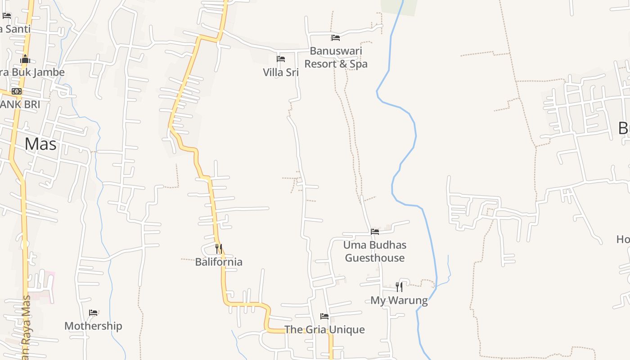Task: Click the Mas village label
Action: tap(40, 144)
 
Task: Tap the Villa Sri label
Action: tap(281, 72)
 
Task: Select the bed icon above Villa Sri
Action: tap(281, 59)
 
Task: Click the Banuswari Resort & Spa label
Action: tap(336, 58)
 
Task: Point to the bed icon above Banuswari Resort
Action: tap(335, 38)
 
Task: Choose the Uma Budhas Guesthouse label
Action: tap(375, 252)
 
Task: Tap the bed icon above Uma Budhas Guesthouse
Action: tap(375, 232)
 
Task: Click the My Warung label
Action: tap(399, 301)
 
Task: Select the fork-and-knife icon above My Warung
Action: tap(399, 287)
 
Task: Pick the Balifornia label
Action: tap(219, 262)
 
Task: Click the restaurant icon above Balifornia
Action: tap(219, 248)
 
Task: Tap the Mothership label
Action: tap(93, 326)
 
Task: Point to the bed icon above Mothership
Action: tap(93, 313)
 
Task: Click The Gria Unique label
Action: tap(324, 329)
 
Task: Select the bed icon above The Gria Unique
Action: tap(324, 316)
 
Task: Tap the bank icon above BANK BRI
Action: tap(17, 91)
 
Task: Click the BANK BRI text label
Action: tap(20, 104)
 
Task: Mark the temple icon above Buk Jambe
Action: tap(25, 59)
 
